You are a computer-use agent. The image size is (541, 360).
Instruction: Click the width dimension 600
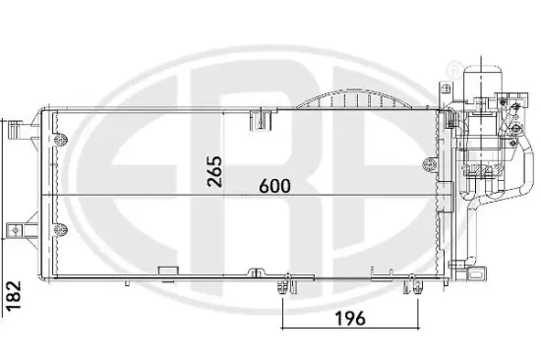(x=274, y=186)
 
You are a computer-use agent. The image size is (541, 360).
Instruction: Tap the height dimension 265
(x=214, y=171)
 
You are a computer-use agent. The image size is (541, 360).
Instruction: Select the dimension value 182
(x=14, y=296)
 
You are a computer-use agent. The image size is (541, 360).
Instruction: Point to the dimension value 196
(x=349, y=318)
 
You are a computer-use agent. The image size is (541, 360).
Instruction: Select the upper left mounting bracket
(x=16, y=130)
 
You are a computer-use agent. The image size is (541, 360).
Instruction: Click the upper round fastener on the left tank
(x=61, y=140)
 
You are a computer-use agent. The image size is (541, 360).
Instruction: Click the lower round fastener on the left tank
(x=61, y=229)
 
